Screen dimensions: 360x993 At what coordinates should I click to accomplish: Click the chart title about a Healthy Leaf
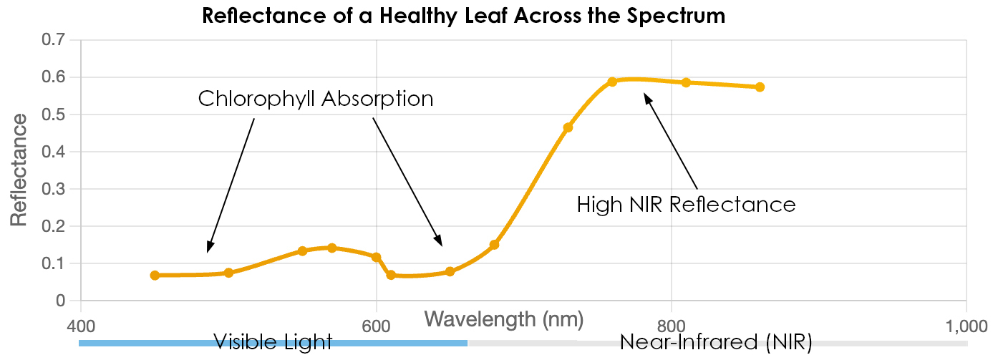463,16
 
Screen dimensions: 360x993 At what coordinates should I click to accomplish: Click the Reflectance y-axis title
19,169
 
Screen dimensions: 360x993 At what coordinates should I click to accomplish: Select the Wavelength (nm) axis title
504,318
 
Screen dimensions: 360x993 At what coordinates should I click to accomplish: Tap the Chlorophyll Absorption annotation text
316,99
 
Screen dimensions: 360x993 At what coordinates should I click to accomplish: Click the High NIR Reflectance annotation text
686,205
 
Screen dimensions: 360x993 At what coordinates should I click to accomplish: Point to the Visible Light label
273,342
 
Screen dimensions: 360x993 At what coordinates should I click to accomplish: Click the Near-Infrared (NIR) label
715,343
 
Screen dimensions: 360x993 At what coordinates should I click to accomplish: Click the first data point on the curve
155,276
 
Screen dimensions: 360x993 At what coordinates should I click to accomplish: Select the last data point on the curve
760,87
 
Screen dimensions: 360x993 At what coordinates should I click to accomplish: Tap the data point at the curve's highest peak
612,82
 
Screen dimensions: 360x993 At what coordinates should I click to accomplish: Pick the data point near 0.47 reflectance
568,128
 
